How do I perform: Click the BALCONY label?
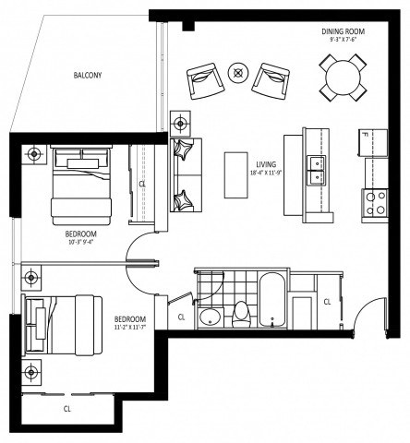[90, 76]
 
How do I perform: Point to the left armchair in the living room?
[206, 82]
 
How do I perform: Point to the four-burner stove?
[376, 202]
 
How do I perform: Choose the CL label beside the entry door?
[328, 302]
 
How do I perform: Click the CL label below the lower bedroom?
[66, 407]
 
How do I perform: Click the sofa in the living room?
[187, 174]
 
